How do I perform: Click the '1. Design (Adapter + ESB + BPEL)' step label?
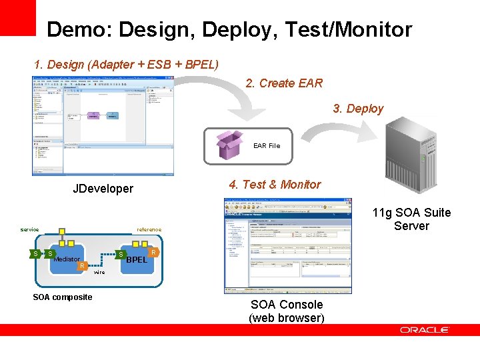coord(126,65)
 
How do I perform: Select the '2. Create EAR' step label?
coord(284,83)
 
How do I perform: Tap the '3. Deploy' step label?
coord(359,109)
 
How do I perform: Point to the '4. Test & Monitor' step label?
coord(275,185)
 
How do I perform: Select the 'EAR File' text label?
coord(267,145)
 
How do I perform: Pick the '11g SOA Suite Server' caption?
coord(411,219)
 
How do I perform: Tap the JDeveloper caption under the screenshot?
coord(103,189)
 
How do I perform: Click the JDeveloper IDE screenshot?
coord(103,125)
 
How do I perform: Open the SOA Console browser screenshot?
coord(288,245)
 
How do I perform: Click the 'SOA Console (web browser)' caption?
coord(287,311)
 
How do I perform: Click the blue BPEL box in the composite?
coord(137,259)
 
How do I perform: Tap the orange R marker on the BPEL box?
coord(154,253)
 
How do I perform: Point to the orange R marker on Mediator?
coord(81,266)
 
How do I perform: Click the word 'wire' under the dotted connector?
coord(99,273)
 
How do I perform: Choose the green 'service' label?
coord(29,229)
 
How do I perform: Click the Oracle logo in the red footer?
coord(425,330)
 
